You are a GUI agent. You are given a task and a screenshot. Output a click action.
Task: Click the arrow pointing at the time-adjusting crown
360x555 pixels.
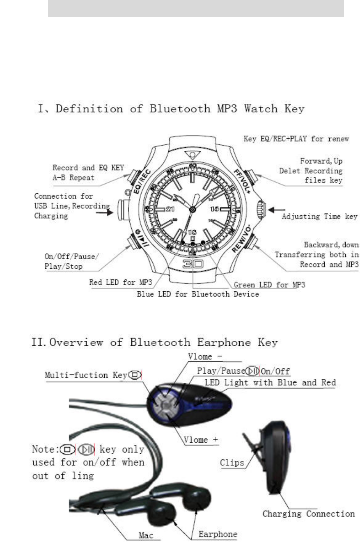[x=273, y=210]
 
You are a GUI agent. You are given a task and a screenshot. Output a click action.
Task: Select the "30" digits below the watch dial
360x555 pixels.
[x=193, y=265]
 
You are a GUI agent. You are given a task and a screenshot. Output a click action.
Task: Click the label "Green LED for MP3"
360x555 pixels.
[x=269, y=284]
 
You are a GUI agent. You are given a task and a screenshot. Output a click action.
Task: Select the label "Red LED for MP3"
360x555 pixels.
[x=115, y=282]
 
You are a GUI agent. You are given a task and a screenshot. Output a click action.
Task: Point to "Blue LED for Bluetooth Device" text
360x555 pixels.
[x=198, y=294]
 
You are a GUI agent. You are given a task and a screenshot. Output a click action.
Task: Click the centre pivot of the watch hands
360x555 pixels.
[x=193, y=210]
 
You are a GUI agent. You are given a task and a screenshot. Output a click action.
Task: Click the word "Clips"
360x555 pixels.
[x=232, y=463]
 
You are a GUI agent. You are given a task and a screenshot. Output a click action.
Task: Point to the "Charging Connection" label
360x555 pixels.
[x=309, y=514]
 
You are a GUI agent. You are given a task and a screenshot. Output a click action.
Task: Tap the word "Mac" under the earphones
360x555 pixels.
[x=146, y=536]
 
